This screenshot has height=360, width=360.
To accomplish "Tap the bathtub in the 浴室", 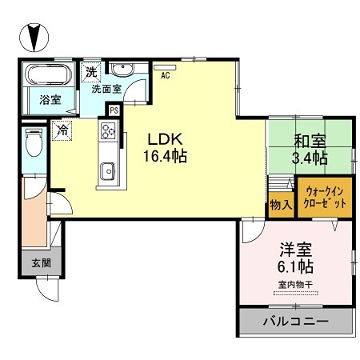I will pyautogui.click(x=51, y=78).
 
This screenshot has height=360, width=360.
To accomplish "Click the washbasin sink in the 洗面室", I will pyautogui.click(x=122, y=70).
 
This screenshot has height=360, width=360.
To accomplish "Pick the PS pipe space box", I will pyautogui.click(x=114, y=110).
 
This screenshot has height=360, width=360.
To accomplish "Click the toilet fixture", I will pyautogui.click(x=33, y=144).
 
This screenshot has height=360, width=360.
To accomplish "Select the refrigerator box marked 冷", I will pyautogui.click(x=62, y=128).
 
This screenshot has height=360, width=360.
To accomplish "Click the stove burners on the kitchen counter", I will pyautogui.click(x=107, y=132).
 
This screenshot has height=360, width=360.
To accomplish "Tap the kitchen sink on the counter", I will pyautogui.click(x=107, y=170).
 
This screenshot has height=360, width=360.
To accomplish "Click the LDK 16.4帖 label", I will pyautogui.click(x=166, y=145).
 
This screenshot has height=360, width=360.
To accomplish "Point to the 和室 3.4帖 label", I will pyautogui.click(x=310, y=150).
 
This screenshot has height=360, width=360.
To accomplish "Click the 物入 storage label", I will pyautogui.click(x=280, y=205).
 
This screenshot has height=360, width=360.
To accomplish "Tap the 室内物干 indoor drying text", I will pyautogui.click(x=295, y=284).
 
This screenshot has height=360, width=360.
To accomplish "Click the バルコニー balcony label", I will pyautogui.click(x=296, y=322).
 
